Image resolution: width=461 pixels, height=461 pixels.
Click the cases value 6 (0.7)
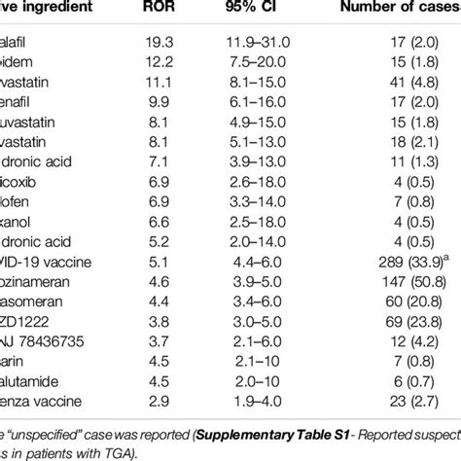coord(412,380)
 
